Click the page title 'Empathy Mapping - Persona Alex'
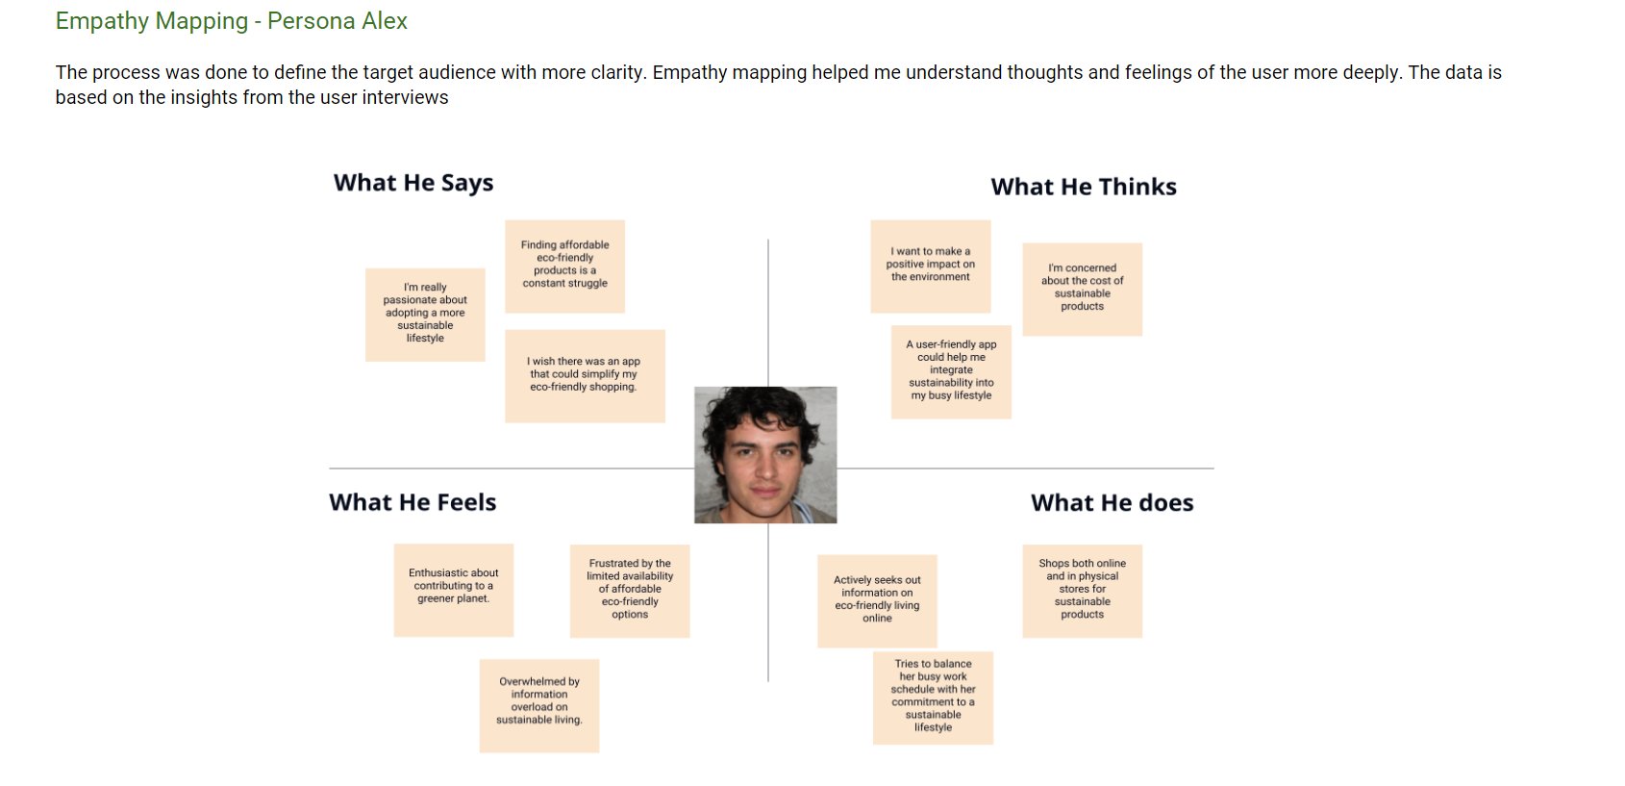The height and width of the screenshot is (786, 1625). pyautogui.click(x=231, y=21)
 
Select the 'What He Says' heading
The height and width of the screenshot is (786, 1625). pyautogui.click(x=413, y=183)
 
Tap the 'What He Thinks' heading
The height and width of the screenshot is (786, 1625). pyautogui.click(x=1084, y=187)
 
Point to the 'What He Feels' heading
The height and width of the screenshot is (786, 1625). pyautogui.click(x=412, y=502)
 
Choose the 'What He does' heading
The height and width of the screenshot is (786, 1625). pyautogui.click(x=1112, y=503)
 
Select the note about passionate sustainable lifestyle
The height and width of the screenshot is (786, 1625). pyautogui.click(x=425, y=314)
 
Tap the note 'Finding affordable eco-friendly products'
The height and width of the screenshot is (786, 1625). pyautogui.click(x=565, y=266)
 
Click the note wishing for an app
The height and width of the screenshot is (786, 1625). pyautogui.click(x=585, y=375)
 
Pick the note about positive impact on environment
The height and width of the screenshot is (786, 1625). pyautogui.click(x=930, y=266)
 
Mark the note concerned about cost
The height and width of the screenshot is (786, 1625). pyautogui.click(x=1082, y=289)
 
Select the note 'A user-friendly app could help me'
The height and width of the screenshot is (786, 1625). pyautogui.click(x=951, y=371)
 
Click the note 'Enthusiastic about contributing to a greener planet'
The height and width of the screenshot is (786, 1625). pyautogui.click(x=453, y=589)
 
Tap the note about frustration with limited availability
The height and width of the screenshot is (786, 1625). pyautogui.click(x=630, y=591)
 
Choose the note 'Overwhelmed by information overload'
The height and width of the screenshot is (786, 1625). pyautogui.click(x=539, y=704)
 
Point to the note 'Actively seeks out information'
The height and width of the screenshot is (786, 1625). pyautogui.click(x=877, y=600)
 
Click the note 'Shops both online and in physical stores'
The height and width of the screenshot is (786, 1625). pyautogui.click(x=1082, y=590)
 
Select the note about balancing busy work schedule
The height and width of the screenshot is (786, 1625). pyautogui.click(x=933, y=697)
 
